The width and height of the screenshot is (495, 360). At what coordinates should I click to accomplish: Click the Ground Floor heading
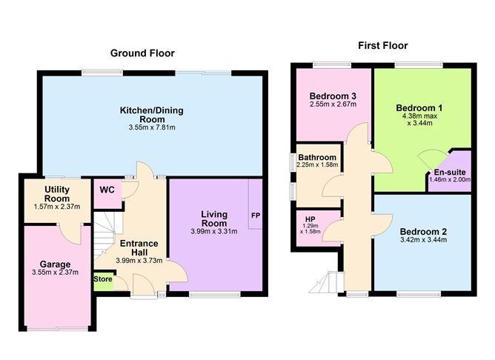coord(142,53)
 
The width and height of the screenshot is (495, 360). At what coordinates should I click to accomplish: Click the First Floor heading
coord(382,45)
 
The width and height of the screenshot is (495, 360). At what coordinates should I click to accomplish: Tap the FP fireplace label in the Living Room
coord(256,216)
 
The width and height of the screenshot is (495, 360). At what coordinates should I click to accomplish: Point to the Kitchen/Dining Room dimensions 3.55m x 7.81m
coord(152,128)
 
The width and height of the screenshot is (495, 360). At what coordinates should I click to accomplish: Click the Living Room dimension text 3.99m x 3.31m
coord(214,231)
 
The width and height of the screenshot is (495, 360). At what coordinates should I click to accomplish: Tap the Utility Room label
coord(57,194)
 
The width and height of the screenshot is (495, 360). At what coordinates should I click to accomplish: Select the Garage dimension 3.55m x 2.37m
coord(56,273)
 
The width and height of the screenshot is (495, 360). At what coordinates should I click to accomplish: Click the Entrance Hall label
coord(139,248)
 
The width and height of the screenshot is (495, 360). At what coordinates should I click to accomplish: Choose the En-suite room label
coord(450,173)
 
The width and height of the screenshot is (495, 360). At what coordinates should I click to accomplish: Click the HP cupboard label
coord(310,219)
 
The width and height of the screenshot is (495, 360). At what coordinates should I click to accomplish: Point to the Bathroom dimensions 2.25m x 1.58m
coord(317,164)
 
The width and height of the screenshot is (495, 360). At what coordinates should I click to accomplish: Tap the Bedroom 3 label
coord(333,96)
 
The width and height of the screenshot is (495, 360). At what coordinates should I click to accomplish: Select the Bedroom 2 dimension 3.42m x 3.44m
coord(423,240)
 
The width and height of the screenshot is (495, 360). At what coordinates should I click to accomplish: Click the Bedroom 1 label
coord(419,108)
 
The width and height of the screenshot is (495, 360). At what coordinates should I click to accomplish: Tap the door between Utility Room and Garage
coord(71,235)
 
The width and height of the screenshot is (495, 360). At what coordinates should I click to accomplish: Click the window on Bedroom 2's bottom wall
coord(419,294)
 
